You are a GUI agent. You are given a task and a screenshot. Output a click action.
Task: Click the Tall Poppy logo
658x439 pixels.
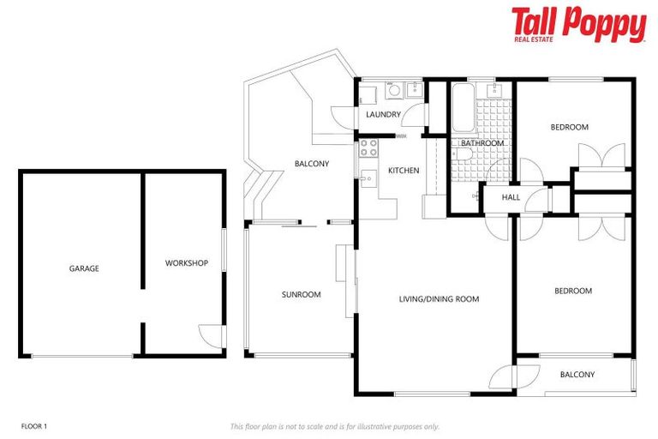[578, 25]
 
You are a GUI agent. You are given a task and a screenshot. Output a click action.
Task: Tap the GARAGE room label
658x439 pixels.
[84, 268]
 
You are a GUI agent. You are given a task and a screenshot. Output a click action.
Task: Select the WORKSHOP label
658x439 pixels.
[186, 263]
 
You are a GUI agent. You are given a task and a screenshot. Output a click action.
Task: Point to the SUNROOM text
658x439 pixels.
[301, 295]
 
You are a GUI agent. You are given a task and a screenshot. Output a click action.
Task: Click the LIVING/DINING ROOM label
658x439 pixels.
[439, 299]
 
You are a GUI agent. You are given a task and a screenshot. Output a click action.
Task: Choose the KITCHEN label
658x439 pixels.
[404, 171]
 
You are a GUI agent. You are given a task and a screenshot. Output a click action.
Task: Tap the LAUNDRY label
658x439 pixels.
[383, 114]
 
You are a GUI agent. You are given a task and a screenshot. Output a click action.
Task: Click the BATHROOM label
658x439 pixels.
[482, 143]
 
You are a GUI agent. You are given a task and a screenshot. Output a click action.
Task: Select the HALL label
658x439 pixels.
[511, 197]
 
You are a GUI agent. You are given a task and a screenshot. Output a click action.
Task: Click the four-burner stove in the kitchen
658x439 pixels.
[368, 147]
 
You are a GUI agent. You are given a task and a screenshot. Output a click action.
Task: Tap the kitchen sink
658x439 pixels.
[368, 178]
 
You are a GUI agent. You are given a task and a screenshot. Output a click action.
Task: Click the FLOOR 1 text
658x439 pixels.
[33, 425]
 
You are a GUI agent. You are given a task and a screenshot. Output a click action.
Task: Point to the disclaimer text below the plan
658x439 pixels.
[334, 426]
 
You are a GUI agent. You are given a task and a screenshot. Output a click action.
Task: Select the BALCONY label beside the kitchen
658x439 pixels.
[311, 164]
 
